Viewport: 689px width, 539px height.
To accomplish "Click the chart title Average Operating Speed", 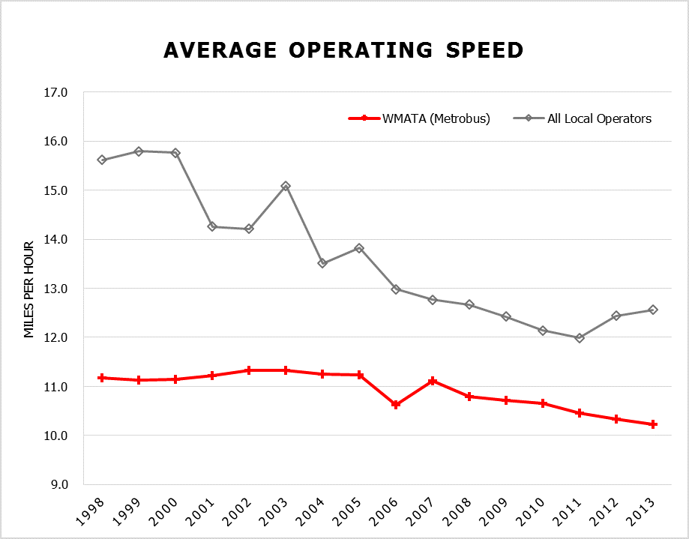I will coord(343,50).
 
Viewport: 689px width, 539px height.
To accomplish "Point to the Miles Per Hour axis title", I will coord(29,289).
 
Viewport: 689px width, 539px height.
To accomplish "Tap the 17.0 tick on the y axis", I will coord(56,93).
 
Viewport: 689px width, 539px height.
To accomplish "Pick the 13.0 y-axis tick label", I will coord(56,289).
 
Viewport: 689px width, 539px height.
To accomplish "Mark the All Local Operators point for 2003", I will coord(286,186).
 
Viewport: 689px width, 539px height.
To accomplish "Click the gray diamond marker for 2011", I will coord(580,338).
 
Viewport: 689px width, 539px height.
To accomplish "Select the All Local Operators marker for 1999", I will coord(139,151).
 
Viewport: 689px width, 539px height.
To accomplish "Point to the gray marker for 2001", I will coord(212,226).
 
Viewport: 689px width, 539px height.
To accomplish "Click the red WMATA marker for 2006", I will coord(396,405).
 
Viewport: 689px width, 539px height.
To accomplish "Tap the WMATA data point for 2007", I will coord(433,382).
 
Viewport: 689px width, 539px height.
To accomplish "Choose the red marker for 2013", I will coord(653,424).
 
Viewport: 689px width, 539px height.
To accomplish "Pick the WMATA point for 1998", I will coord(102,378).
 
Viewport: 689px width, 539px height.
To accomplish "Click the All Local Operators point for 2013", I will coord(653,310).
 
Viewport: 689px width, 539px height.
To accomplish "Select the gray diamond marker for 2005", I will coord(359,248).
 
